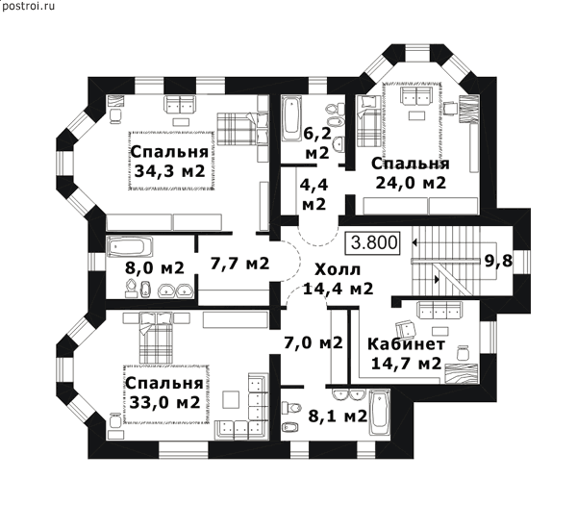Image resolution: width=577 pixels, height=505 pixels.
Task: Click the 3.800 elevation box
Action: [x=372, y=243]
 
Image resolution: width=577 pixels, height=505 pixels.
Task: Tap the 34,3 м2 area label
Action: [x=169, y=171]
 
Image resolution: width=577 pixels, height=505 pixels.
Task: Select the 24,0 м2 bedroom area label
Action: [x=411, y=183]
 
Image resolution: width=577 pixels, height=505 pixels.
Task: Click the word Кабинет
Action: [x=406, y=344]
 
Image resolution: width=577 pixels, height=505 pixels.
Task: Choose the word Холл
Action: [x=338, y=270]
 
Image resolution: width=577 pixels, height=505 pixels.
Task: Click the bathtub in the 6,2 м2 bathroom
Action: [x=291, y=117]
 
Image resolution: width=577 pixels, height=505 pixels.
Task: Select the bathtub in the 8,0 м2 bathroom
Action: [x=130, y=246]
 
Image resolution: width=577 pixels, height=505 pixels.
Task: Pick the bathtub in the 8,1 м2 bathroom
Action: [x=379, y=413]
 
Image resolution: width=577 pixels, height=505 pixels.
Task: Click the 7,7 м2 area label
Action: [x=239, y=264]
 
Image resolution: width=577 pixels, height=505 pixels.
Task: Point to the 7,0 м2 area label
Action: [x=314, y=342]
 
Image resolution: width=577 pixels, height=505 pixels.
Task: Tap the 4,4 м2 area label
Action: [x=314, y=194]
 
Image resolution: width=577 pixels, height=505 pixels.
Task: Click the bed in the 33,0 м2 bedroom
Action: [x=156, y=338]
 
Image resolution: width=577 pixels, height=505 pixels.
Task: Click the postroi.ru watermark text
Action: [x=28, y=6]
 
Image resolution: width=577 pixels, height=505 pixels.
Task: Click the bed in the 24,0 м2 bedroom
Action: [x=369, y=121]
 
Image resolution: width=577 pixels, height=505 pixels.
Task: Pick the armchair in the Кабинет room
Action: [x=405, y=328]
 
